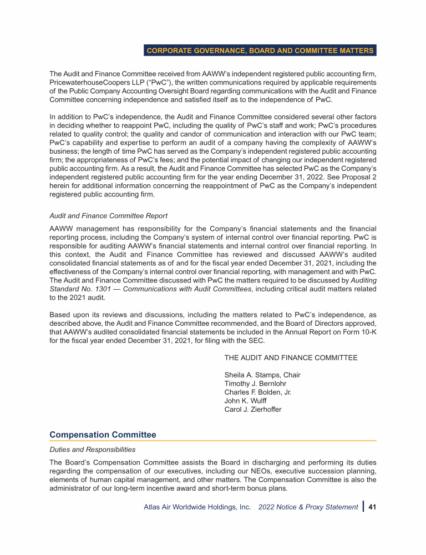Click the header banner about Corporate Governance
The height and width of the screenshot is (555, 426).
coord(260,51)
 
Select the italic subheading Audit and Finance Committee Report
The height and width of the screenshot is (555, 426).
coord(108,215)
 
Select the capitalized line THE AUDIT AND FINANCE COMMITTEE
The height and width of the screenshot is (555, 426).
coord(291,357)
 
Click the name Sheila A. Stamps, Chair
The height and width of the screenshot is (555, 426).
coord(262,375)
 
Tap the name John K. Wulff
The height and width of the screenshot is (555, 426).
coord(245,401)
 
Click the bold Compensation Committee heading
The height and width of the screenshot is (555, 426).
coord(103,435)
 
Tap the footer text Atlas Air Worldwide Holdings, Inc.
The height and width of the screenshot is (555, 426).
coord(197,507)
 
